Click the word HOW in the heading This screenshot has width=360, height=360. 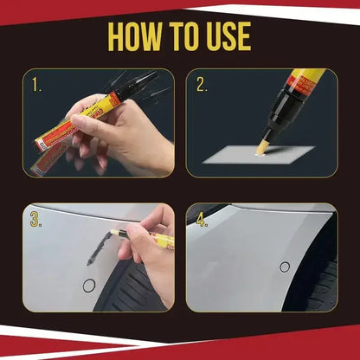[140, 36]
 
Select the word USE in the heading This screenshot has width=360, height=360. [227, 36]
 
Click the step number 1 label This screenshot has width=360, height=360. [36, 86]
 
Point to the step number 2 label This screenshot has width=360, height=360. [202, 85]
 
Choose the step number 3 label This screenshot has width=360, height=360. [36, 220]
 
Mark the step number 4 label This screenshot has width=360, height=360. [202, 220]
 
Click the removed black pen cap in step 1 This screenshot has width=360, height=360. [142, 85]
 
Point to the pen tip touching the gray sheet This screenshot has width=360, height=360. [260, 148]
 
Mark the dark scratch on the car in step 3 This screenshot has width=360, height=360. [92, 250]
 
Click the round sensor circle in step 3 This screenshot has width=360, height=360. [87, 285]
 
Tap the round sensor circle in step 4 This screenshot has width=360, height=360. [285, 267]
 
